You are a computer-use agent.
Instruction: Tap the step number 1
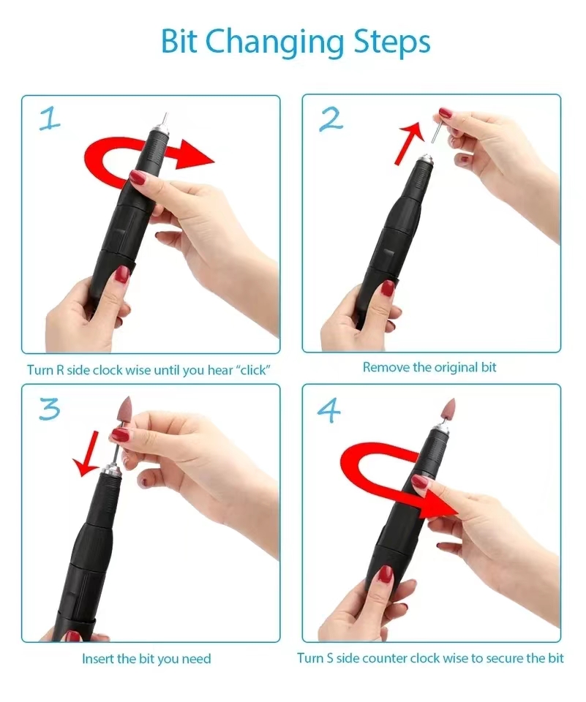coord(49,119)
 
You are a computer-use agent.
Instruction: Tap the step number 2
coord(331,118)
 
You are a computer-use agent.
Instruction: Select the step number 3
coord(49,409)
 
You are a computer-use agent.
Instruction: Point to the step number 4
coord(329,411)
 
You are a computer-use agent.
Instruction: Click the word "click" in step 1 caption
coord(251,370)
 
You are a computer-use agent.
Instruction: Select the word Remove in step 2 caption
coord(386,367)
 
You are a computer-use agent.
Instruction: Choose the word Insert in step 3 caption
coord(98,659)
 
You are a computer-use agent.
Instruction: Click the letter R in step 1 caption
coord(59,370)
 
